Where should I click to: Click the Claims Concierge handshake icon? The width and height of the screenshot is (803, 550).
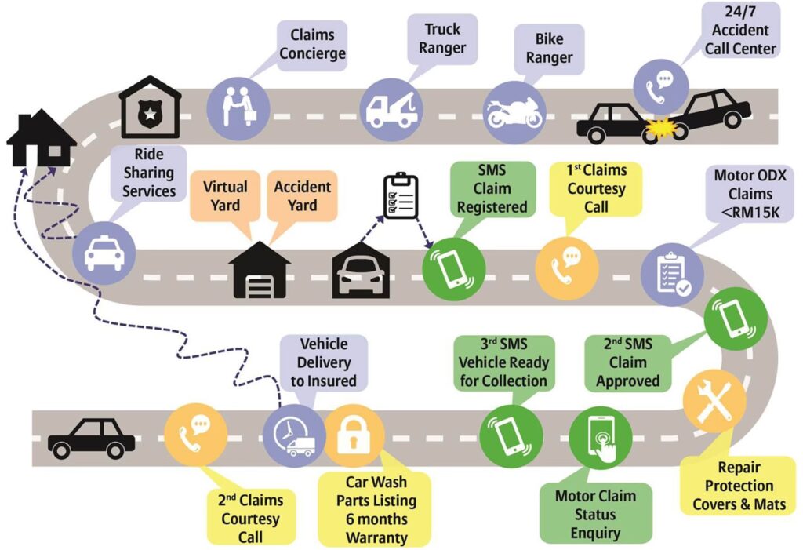pos(238,109)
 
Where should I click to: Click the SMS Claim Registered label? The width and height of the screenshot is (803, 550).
pos(492,189)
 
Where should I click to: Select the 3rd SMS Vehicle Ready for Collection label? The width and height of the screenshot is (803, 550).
pos(503,363)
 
